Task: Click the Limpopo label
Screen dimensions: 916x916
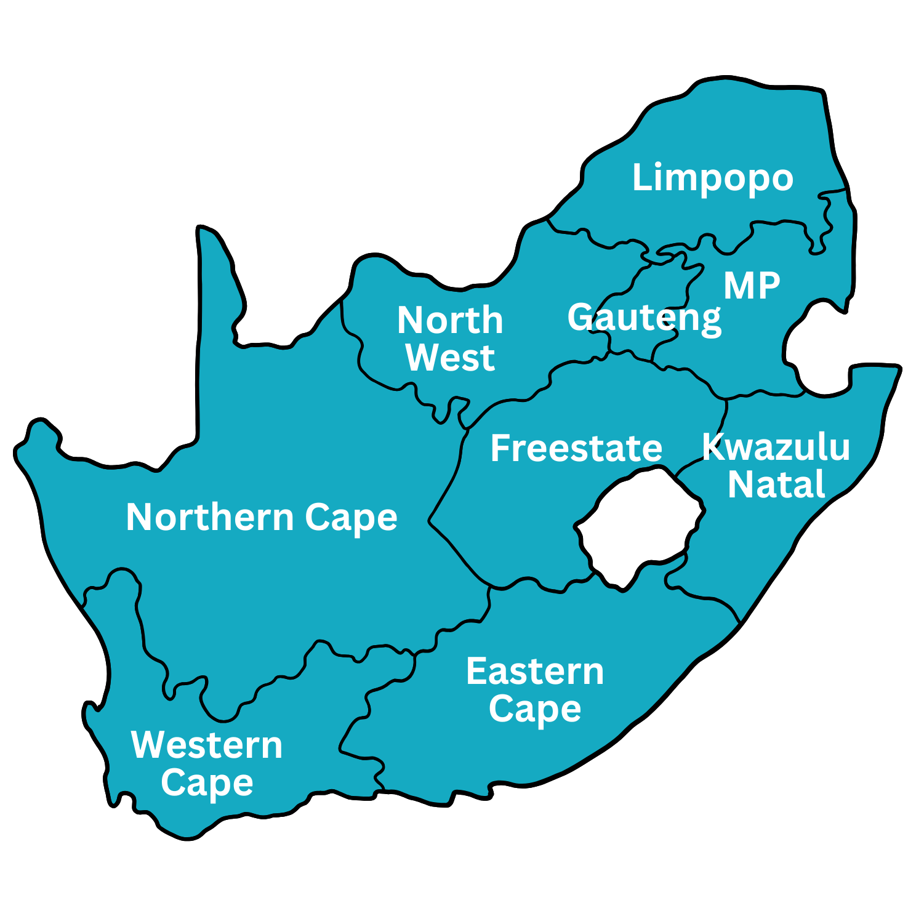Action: pyautogui.click(x=712, y=178)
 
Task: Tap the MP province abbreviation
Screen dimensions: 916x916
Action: pyautogui.click(x=752, y=286)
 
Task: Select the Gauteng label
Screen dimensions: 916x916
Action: pyautogui.click(x=644, y=318)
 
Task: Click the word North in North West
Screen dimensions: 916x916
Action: pyautogui.click(x=450, y=320)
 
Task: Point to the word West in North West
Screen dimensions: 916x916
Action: pyautogui.click(x=450, y=358)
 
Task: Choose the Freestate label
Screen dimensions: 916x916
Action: pyautogui.click(x=576, y=448)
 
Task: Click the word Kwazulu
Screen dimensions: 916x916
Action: pyautogui.click(x=776, y=447)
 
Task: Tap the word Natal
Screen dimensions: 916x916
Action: pyautogui.click(x=776, y=484)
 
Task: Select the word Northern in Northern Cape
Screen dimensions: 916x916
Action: pyautogui.click(x=210, y=517)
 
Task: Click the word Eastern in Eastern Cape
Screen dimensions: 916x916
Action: pyautogui.click(x=535, y=671)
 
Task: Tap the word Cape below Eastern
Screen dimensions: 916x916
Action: pyautogui.click(x=535, y=709)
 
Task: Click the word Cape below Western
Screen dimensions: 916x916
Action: pyautogui.click(x=207, y=783)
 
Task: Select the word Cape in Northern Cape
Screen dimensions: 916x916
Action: pyautogui.click(x=351, y=518)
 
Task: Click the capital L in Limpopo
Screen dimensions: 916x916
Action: pyautogui.click(x=641, y=177)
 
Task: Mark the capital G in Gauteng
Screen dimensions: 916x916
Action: pyautogui.click(x=581, y=317)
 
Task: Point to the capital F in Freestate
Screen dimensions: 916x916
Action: pyautogui.click(x=500, y=448)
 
